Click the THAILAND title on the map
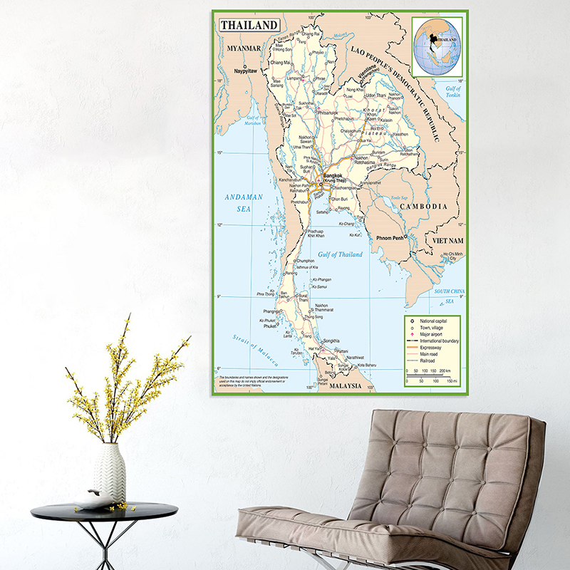click(x=249, y=25)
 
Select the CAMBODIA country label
click(x=423, y=206)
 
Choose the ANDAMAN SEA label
click(x=244, y=202)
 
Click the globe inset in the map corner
click(x=437, y=45)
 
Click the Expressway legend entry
click(x=434, y=348)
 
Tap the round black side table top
click(x=104, y=510)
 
